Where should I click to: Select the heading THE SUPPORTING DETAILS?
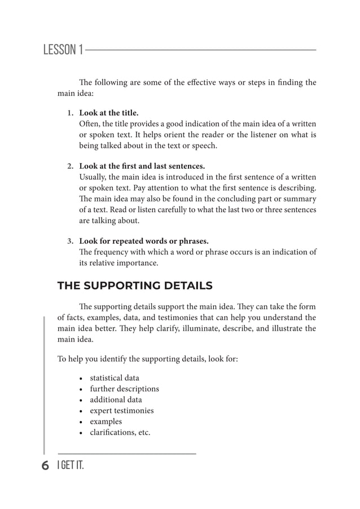[135, 286]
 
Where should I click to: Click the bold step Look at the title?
[108, 113]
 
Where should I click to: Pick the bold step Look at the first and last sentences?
[142, 166]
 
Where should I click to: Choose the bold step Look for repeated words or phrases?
[143, 242]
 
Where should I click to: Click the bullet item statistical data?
[115, 378]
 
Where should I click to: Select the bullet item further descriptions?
[124, 389]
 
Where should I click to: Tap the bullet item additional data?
[116, 400]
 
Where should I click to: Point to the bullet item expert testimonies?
[122, 411]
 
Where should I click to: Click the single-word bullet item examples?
[106, 422]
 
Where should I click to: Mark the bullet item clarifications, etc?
[120, 433]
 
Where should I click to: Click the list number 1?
[71, 113]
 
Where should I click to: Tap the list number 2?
[71, 166]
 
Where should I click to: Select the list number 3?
[71, 242]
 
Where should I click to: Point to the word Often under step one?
[89, 124]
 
